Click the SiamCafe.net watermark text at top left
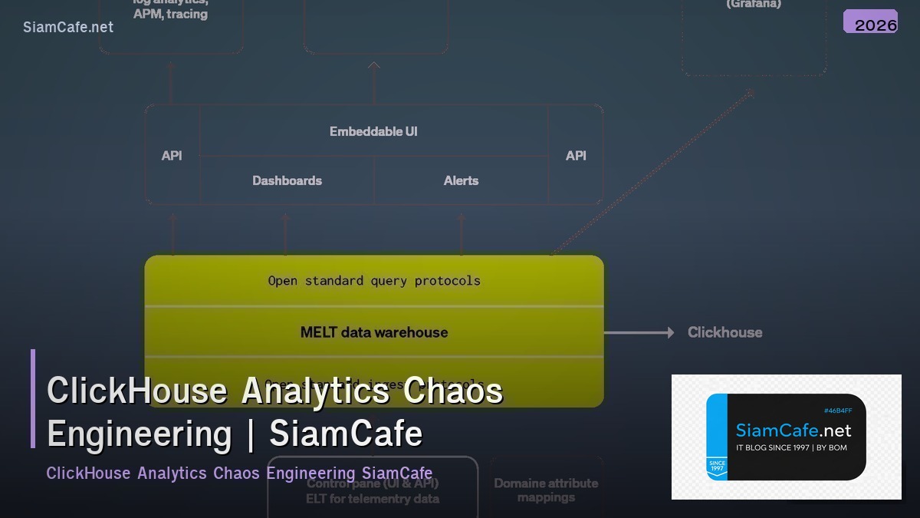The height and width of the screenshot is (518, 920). tap(68, 27)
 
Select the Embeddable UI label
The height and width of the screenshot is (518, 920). tap(373, 131)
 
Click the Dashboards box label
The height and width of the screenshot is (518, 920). tap(287, 180)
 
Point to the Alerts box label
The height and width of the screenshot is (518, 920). tap(461, 180)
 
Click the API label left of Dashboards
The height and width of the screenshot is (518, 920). tap(172, 156)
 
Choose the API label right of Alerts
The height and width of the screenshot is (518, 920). tap(576, 156)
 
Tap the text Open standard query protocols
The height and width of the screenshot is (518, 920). tap(374, 281)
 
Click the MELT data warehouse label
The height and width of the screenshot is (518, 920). tap(374, 332)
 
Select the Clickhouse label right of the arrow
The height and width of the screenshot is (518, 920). tap(724, 332)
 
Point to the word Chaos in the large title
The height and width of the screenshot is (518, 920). tap(453, 391)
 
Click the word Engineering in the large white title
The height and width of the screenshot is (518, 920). tap(139, 434)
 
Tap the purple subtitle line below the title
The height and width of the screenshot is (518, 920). tap(239, 473)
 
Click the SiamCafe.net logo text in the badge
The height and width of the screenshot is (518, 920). tap(793, 431)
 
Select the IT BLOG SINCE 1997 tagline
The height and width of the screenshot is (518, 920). tap(791, 447)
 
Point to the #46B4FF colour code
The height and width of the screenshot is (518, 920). tap(837, 411)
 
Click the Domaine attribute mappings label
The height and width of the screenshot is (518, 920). tap(546, 490)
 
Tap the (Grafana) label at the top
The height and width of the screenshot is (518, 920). tap(754, 5)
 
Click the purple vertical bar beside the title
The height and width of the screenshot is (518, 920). tap(33, 398)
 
